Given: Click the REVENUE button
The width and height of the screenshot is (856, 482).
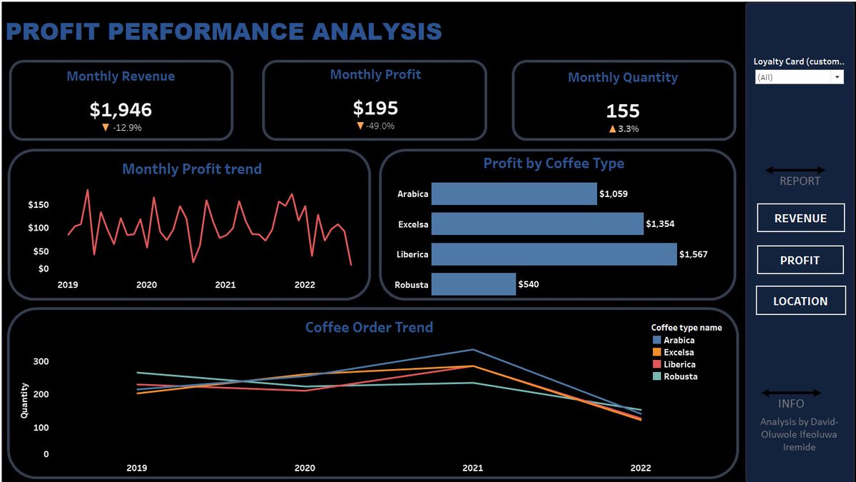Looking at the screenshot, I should click(x=800, y=219).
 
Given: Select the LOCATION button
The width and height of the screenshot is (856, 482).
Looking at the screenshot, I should click(x=800, y=301).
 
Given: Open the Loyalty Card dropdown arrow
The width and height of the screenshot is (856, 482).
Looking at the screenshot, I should click(x=837, y=77).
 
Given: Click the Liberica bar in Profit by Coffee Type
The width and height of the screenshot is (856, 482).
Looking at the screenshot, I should click(x=554, y=254).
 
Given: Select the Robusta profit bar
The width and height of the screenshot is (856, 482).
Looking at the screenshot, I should click(x=473, y=284).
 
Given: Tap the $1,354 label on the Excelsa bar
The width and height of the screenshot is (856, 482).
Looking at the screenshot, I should click(x=660, y=224).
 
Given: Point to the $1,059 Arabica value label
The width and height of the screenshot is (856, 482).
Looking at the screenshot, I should click(x=613, y=194).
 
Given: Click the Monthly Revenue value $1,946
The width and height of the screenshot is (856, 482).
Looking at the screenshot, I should click(x=121, y=109).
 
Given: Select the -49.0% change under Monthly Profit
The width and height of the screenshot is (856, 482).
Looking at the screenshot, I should click(x=380, y=126).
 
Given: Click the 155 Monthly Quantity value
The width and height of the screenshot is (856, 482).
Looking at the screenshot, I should click(x=623, y=111).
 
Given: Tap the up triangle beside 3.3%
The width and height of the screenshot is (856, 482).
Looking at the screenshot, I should click(x=612, y=129).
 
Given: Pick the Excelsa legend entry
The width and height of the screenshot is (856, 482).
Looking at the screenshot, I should click(x=678, y=352).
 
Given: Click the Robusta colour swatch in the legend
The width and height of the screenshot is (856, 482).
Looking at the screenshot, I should click(x=656, y=376).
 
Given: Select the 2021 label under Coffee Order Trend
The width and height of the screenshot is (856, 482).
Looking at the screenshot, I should click(x=472, y=468).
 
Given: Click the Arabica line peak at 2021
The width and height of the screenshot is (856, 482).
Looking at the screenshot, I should click(x=472, y=350).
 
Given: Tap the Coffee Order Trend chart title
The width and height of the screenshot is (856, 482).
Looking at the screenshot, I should click(x=369, y=328).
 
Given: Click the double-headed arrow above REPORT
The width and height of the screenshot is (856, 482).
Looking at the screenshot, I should click(x=795, y=170).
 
